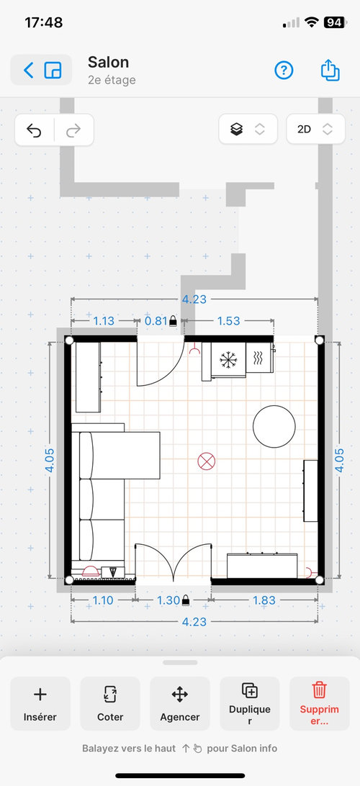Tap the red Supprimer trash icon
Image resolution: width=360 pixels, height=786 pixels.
320,690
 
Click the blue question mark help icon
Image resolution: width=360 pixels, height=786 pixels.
284,71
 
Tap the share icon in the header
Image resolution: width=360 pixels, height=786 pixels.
330,71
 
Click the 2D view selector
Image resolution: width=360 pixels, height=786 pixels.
315,130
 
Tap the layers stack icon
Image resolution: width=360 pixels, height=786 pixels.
237,130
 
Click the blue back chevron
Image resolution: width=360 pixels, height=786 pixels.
29,71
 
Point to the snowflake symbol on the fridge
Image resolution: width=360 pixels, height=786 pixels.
228,359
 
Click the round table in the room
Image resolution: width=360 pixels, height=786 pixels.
274,427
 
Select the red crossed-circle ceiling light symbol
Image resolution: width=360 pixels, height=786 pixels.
206,461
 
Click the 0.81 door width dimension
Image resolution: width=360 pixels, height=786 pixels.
156,321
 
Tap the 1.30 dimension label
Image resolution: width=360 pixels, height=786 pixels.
168,600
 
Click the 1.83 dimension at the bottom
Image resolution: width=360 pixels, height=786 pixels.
264,600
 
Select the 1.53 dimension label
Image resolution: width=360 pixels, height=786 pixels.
229,321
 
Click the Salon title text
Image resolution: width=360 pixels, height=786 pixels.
108,62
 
